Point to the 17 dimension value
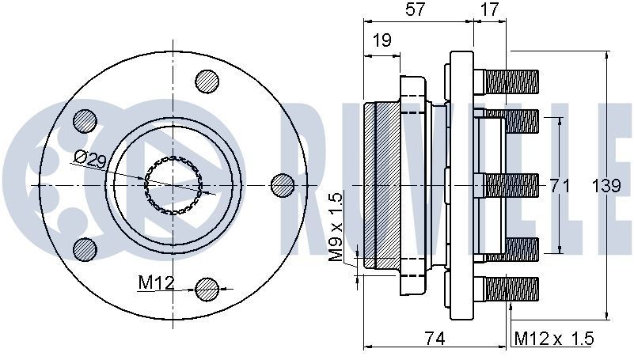click(x=489, y=10)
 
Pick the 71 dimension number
click(x=560, y=185)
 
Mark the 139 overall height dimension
click(x=606, y=185)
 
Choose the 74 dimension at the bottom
click(x=434, y=338)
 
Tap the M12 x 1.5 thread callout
click(x=553, y=338)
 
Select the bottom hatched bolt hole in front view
click(x=207, y=289)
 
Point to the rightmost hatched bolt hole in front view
click(x=283, y=184)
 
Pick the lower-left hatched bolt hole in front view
click(x=84, y=248)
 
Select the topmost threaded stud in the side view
click(x=511, y=81)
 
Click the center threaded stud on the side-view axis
click(x=511, y=185)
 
